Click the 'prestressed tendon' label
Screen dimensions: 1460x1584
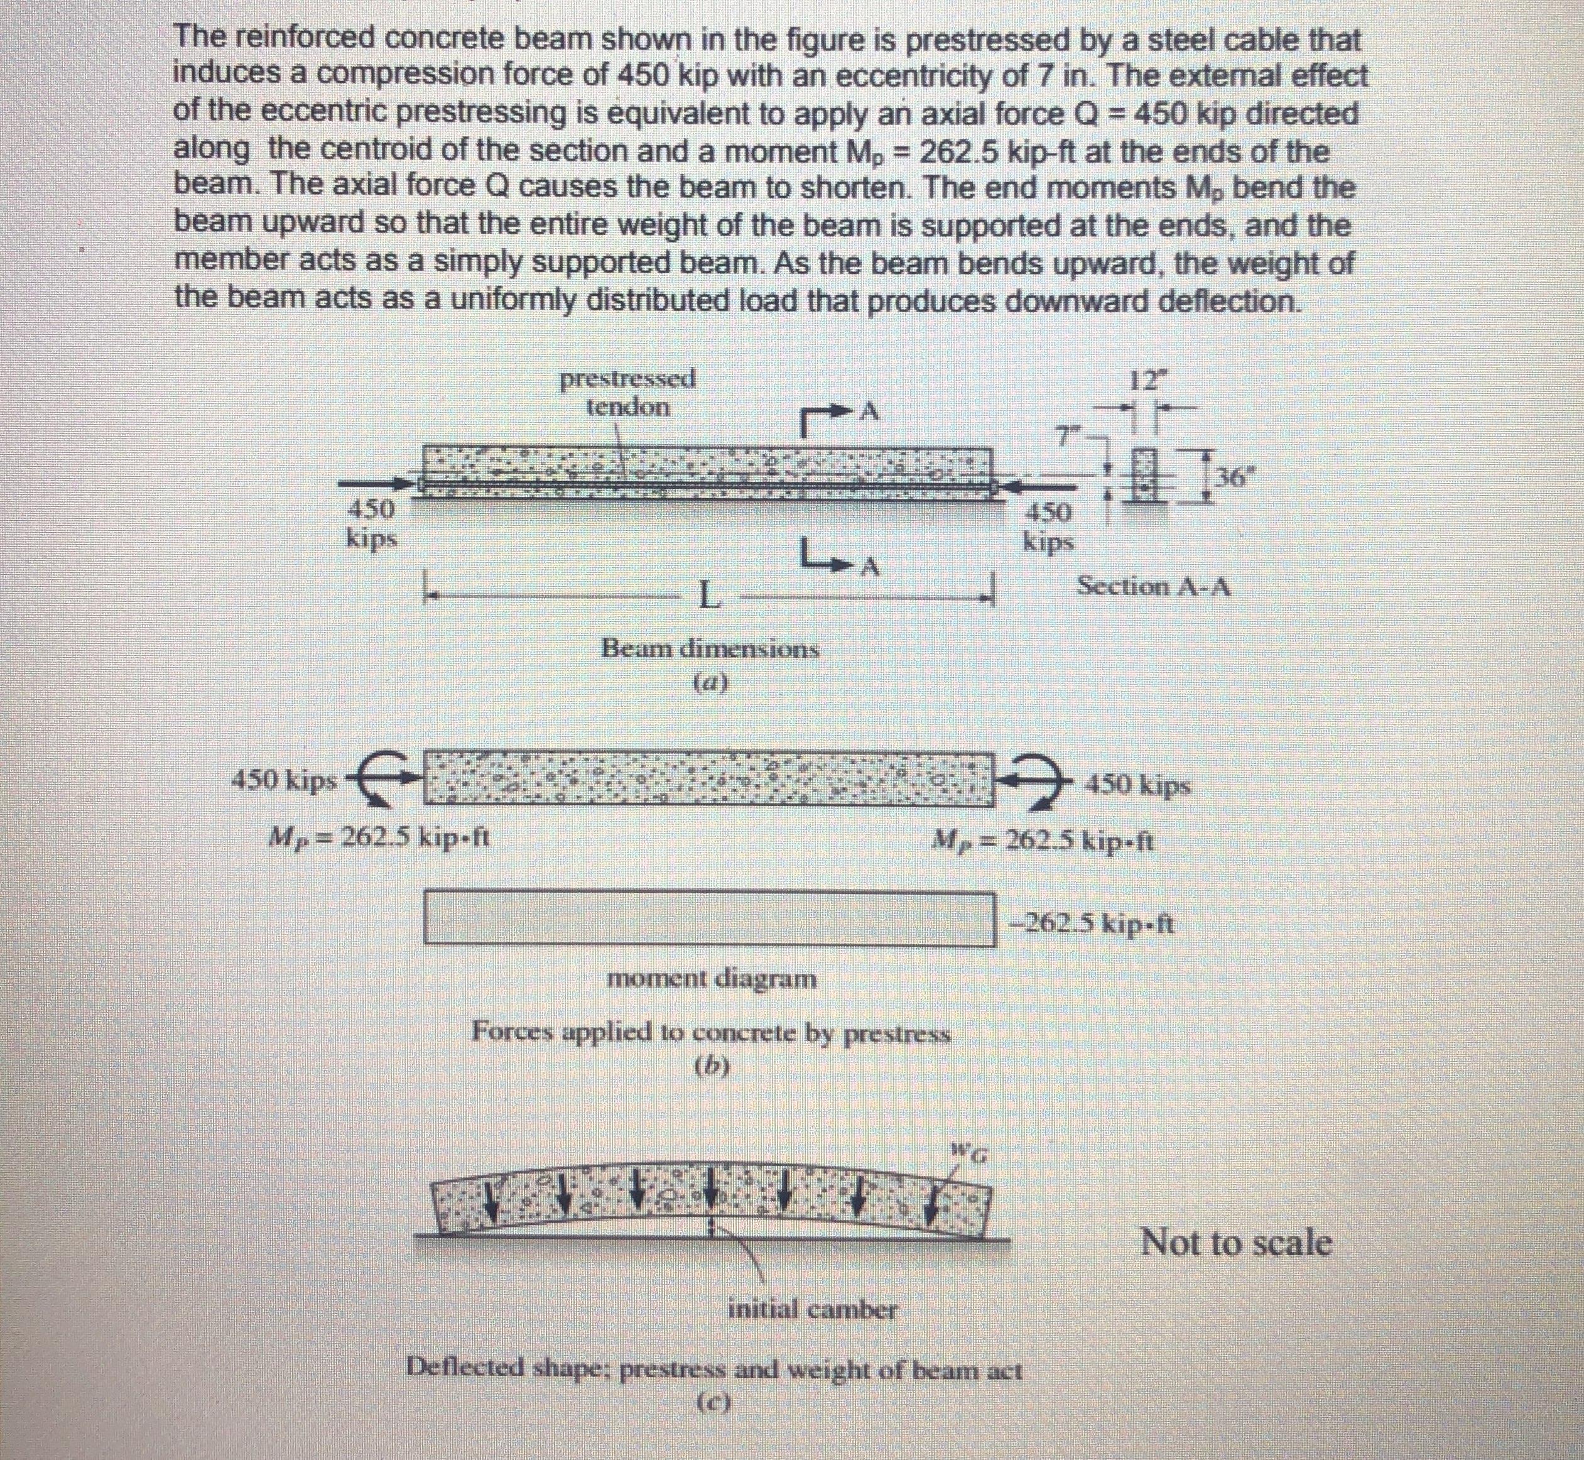(x=628, y=393)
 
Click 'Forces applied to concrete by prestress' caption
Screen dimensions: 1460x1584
(x=710, y=1030)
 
